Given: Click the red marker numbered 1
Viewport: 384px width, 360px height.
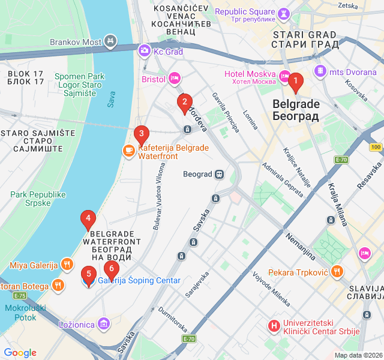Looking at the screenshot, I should point(295,80).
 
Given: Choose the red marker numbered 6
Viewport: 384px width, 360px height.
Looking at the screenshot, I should point(111,269).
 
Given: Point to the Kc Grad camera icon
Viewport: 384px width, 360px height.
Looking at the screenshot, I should point(144,51).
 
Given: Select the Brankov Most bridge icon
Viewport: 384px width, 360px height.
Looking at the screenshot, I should point(110,41).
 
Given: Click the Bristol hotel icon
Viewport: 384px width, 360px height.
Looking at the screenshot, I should point(175,77).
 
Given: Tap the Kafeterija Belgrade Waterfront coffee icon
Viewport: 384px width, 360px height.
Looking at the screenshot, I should point(128,151).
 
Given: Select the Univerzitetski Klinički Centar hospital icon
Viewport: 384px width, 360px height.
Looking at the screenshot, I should point(274,326).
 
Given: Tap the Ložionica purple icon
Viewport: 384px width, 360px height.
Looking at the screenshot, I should point(104,324).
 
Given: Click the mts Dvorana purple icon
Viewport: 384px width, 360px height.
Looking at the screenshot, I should point(321,71).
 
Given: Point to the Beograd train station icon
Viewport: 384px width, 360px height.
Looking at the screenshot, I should point(220,174).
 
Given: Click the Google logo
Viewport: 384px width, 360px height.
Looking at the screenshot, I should point(20,353).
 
